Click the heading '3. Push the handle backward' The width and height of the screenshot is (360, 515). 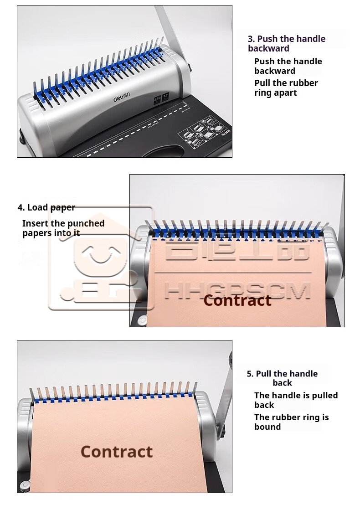tap(286, 43)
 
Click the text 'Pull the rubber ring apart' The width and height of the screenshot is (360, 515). tap(286, 88)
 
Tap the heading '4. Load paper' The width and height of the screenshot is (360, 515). tap(46, 207)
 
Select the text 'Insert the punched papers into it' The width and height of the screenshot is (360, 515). tap(63, 228)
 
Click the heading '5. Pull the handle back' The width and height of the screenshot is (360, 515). tap(282, 378)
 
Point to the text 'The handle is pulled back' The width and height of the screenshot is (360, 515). tap(296, 400)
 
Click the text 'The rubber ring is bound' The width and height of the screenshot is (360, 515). tap(291, 422)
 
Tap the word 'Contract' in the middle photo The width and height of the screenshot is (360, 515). tap(237, 300)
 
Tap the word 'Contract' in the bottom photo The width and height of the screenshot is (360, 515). tap(116, 452)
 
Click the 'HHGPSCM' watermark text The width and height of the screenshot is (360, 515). tap(237, 290)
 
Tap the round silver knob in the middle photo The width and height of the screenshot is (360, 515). tap(143, 319)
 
